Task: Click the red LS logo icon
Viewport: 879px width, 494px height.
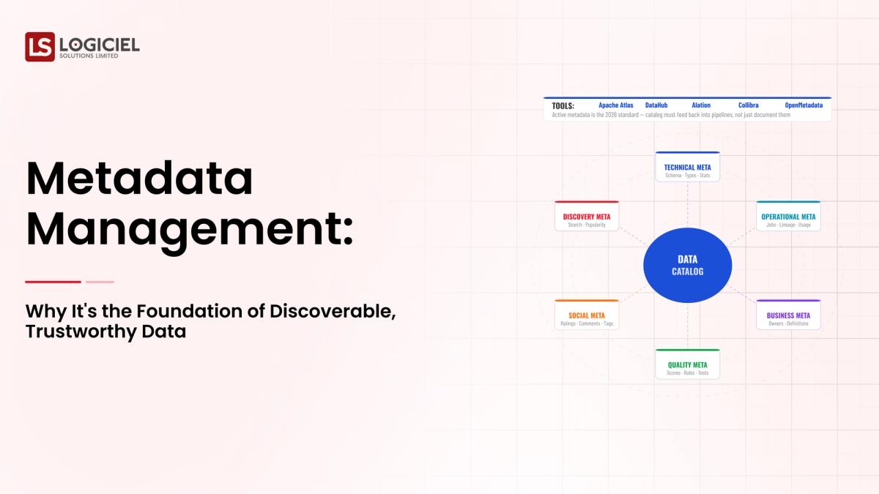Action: pyautogui.click(x=40, y=47)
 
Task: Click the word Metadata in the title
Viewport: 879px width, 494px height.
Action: pyautogui.click(x=139, y=180)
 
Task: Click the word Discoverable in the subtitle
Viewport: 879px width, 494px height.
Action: pyautogui.click(x=333, y=310)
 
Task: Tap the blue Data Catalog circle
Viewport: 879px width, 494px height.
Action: pyautogui.click(x=687, y=265)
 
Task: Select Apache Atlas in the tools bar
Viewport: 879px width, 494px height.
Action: pyautogui.click(x=616, y=105)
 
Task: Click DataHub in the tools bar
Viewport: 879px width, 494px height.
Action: pyautogui.click(x=656, y=105)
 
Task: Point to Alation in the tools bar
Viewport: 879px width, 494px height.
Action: pyautogui.click(x=701, y=105)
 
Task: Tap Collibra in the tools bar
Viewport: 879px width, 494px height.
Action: pyautogui.click(x=748, y=105)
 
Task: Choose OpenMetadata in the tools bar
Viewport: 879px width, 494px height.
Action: pyautogui.click(x=804, y=105)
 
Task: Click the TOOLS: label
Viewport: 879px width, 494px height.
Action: pyautogui.click(x=563, y=105)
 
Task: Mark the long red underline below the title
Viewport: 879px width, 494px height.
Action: pyautogui.click(x=53, y=282)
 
